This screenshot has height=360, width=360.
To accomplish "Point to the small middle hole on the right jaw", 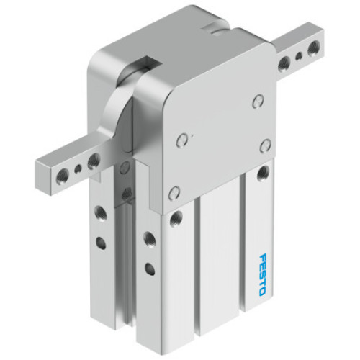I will pos(299,55).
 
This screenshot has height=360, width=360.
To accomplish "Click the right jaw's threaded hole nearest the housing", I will pos(286,61).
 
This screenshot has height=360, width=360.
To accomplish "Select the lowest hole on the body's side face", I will pos(148,269).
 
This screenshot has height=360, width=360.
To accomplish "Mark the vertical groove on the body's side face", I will pos(122,252).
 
